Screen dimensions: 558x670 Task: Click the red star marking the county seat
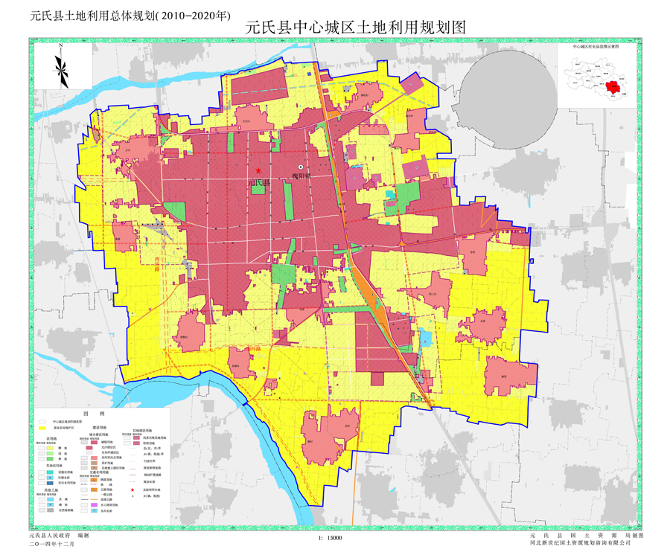click(x=258, y=170)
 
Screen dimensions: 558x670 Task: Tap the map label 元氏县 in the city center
click(x=259, y=182)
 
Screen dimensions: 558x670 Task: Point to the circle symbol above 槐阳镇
click(x=301, y=167)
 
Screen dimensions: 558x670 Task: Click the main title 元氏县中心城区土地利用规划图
click(x=354, y=28)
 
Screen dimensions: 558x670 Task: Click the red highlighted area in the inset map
click(x=613, y=87)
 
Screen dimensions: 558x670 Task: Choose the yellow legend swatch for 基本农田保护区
click(x=42, y=428)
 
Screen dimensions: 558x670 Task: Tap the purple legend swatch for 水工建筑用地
click(x=94, y=505)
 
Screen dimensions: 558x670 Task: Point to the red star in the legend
click(x=133, y=490)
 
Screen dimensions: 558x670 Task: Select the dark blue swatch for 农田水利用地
click(x=50, y=483)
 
